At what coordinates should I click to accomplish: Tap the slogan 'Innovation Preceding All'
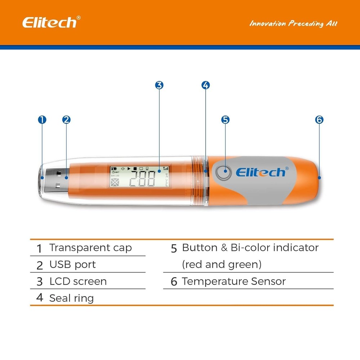click(x=293, y=24)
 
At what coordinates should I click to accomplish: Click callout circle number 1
click(x=42, y=120)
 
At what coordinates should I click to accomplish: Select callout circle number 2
click(x=66, y=120)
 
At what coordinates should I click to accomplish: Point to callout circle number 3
click(x=159, y=85)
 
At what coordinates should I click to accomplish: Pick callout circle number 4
click(x=205, y=85)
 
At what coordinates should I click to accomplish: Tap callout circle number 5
click(x=225, y=120)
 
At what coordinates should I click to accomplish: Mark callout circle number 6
click(x=319, y=120)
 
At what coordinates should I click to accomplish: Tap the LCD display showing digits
click(x=140, y=177)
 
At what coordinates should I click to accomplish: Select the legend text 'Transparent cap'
click(x=90, y=248)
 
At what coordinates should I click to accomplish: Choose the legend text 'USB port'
click(x=73, y=265)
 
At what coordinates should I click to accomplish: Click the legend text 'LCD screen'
click(x=78, y=281)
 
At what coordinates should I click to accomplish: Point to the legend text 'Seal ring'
click(x=71, y=298)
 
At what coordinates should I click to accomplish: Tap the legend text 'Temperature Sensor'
click(x=234, y=281)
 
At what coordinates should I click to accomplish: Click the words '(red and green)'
click(x=221, y=265)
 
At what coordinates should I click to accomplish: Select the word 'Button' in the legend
click(x=199, y=248)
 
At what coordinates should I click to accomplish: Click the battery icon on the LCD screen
click(x=114, y=168)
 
